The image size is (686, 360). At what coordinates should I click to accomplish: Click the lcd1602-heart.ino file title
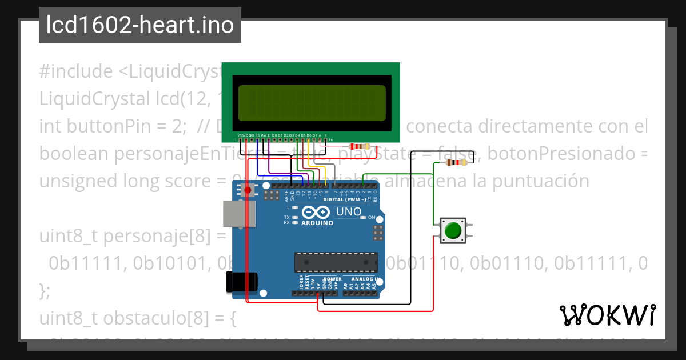140,26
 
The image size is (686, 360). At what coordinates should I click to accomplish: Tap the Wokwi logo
607,315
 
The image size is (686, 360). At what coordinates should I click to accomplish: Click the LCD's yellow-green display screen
312,103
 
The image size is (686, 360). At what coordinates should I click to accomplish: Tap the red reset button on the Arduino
248,190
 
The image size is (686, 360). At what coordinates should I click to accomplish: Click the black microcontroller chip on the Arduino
336,262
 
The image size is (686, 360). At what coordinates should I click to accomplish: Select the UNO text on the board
348,212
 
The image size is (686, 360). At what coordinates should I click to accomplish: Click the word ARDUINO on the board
317,223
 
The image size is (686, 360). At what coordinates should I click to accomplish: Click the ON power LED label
372,218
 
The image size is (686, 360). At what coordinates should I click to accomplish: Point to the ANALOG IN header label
362,279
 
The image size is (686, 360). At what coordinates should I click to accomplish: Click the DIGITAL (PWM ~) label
345,199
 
